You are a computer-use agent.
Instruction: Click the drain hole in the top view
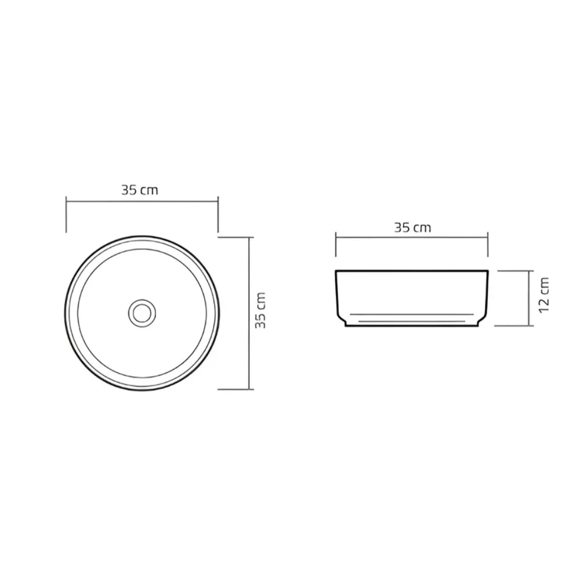point(142,312)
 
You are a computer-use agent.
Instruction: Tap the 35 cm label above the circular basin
point(139,190)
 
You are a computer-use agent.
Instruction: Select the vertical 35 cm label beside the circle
point(261,310)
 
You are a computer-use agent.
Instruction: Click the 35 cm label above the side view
point(412,227)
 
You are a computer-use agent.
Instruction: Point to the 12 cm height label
point(543,295)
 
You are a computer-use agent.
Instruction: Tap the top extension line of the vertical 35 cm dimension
point(235,237)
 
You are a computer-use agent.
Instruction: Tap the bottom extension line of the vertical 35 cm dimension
point(235,389)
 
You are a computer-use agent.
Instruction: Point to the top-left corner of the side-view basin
point(336,271)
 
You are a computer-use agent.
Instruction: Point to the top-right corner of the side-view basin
point(488,271)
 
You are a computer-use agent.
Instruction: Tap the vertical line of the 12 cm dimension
point(531,298)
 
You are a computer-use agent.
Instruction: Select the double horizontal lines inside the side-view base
point(412,318)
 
